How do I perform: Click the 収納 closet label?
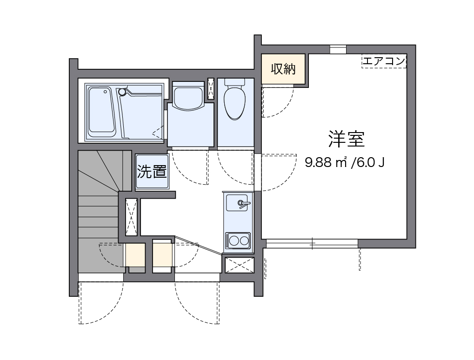[283, 69]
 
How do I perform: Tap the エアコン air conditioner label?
[384, 61]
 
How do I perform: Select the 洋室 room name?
[346, 139]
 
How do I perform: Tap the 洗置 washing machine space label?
[152, 172]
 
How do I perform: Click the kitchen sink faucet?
[243, 203]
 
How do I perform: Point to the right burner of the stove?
[244, 240]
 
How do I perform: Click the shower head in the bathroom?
[122, 92]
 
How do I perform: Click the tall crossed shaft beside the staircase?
[131, 216]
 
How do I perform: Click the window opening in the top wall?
[338, 49]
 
